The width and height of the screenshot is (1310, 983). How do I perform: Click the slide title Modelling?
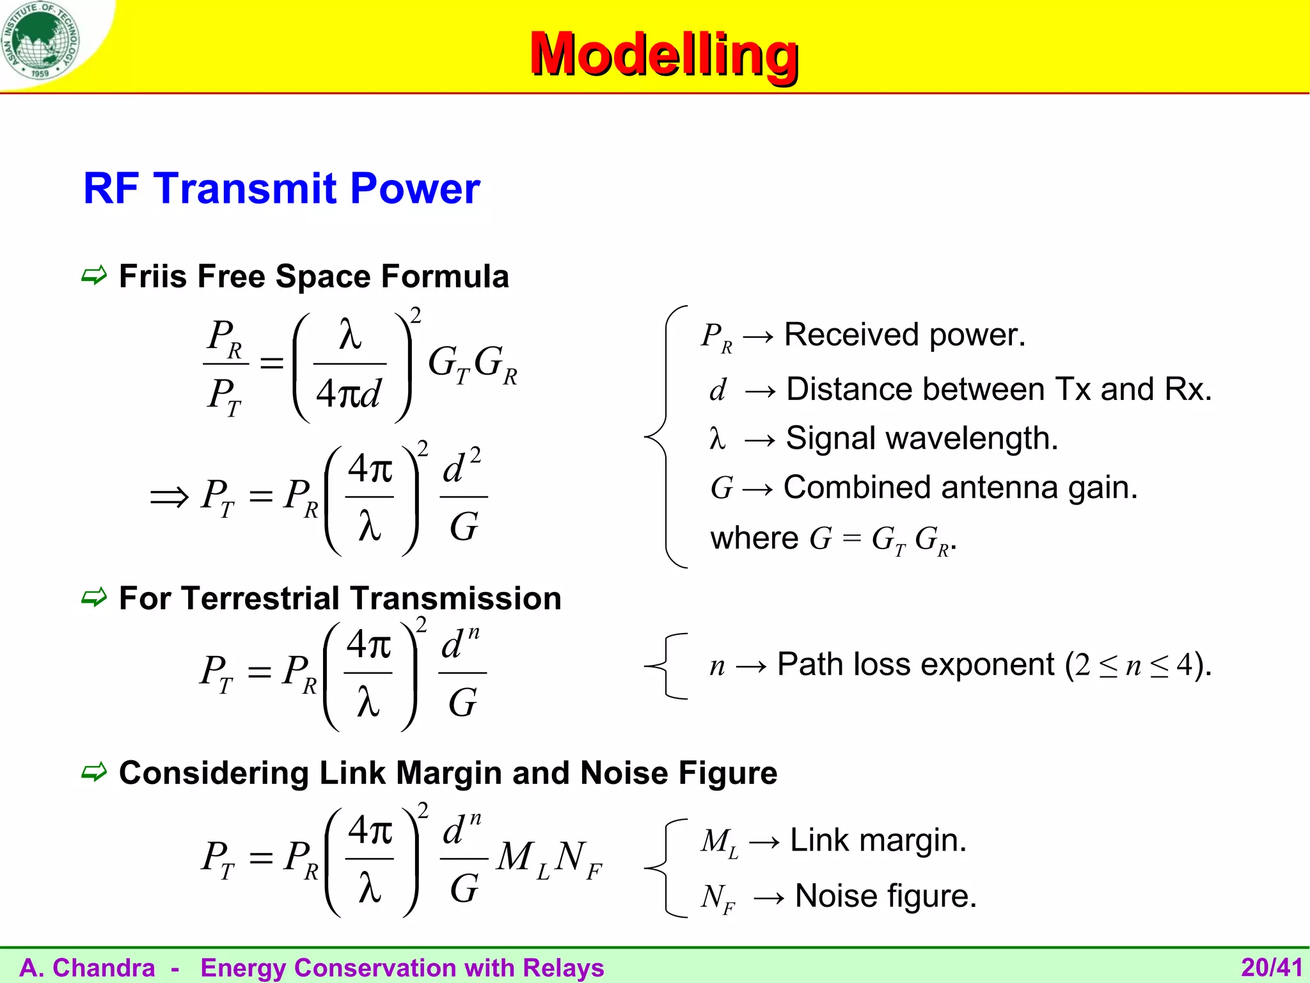click(x=664, y=54)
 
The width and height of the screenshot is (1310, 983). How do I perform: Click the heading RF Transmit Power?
click(x=281, y=189)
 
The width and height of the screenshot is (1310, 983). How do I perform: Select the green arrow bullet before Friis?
click(x=94, y=276)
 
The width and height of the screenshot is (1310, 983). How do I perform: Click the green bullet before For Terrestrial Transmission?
click(x=94, y=598)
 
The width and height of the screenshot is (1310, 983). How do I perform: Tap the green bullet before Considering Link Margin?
click(x=94, y=772)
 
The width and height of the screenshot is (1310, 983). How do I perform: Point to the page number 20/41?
click(x=1271, y=968)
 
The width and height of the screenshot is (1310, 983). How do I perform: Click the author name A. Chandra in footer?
click(x=88, y=968)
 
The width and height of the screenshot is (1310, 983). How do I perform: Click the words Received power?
click(x=904, y=335)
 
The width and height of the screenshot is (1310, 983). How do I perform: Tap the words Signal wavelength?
click(x=922, y=438)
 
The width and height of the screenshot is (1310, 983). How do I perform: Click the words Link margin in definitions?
click(x=878, y=840)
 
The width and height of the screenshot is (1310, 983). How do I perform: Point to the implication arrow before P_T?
click(x=169, y=497)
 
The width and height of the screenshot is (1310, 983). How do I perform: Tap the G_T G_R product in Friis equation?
click(x=472, y=364)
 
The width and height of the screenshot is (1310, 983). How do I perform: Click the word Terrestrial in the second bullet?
click(x=260, y=598)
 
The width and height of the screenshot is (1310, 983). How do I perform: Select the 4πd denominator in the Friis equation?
click(x=349, y=393)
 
